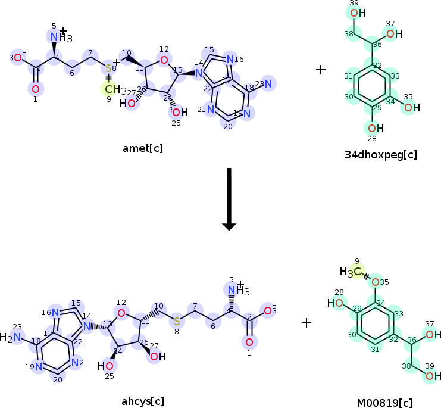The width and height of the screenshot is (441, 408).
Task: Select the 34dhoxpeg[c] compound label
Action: point(380,155)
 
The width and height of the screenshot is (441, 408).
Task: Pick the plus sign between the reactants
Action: point(321,70)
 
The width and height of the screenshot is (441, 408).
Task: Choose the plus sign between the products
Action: point(306,323)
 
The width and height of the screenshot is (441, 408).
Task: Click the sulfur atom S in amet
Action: point(108,68)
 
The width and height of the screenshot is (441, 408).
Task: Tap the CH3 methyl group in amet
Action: point(112,90)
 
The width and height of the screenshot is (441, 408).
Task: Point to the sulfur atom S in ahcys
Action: point(177,322)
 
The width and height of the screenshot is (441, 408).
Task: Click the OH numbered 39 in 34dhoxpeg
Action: point(358,13)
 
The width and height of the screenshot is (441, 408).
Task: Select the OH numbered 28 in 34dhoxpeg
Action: point(374,128)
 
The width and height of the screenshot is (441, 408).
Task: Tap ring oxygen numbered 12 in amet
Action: point(164,59)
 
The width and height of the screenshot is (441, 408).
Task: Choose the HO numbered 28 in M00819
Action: point(335,303)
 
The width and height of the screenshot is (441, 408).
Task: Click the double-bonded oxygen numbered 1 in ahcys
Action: point(249,342)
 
